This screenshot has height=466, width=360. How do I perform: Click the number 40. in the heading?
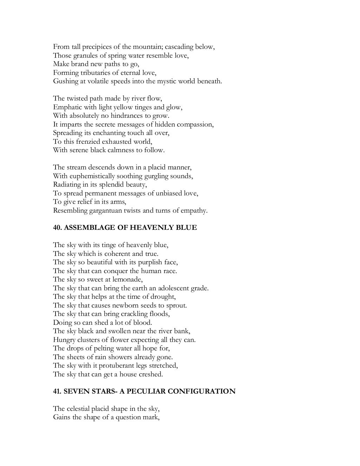coord(58,228)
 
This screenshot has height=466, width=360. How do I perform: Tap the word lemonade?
coord(127,279)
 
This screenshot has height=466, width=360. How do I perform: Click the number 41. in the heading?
coord(58,391)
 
